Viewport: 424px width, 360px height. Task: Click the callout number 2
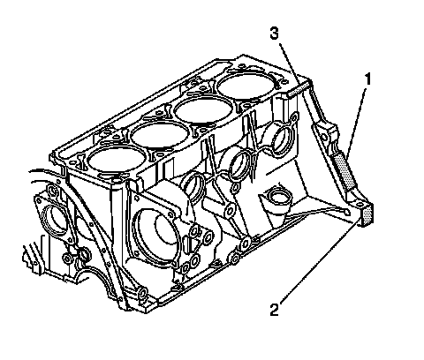click(275, 309)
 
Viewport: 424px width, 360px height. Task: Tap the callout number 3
click(274, 34)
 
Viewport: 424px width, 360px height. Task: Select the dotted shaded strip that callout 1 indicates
click(344, 172)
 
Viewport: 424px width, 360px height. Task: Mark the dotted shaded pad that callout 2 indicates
click(368, 214)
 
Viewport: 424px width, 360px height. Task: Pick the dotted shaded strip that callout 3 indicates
click(298, 89)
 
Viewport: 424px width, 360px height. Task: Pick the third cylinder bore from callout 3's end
click(159, 134)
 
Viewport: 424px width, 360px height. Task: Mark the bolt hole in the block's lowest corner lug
click(142, 295)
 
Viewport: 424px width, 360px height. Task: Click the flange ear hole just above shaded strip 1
click(324, 137)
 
